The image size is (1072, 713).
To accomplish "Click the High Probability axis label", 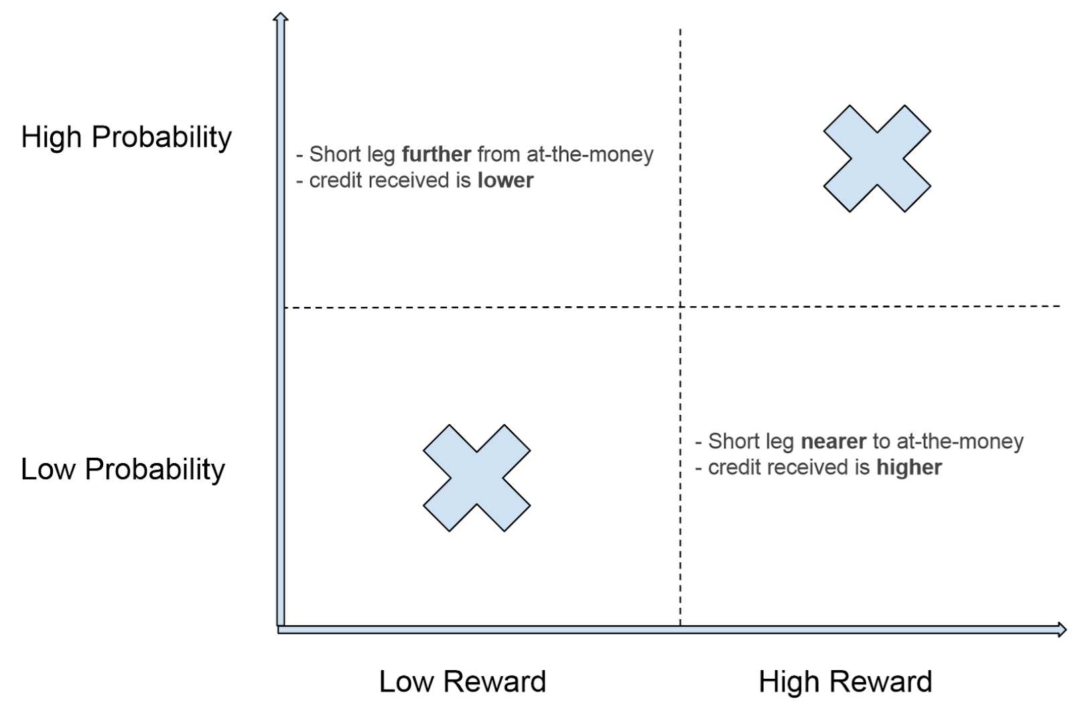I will (x=126, y=137).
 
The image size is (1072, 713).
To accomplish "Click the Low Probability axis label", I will (x=123, y=469).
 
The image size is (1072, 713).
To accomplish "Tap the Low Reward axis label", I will (x=462, y=682).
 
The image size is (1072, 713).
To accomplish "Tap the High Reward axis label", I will (x=845, y=682).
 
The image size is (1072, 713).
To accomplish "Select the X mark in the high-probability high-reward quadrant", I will (x=876, y=159).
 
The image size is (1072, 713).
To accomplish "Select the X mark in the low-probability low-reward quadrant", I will (x=476, y=478).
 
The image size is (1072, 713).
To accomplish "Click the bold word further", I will (x=436, y=154).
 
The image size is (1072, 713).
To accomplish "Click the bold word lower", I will (x=505, y=180).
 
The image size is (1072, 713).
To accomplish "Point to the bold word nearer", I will (x=833, y=441).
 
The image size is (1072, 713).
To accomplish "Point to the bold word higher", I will (x=909, y=467).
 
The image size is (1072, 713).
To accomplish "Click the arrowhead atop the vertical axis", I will (x=281, y=17).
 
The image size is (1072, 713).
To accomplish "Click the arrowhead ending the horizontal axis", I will (x=1061, y=629).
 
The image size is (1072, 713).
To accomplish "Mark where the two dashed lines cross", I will (x=680, y=307).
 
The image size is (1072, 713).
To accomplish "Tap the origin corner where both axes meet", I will (x=281, y=629).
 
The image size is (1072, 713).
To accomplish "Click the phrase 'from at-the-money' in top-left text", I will (x=565, y=154).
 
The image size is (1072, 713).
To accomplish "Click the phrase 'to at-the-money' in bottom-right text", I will (x=947, y=441).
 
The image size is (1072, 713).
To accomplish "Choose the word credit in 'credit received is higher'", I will (x=732, y=467).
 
